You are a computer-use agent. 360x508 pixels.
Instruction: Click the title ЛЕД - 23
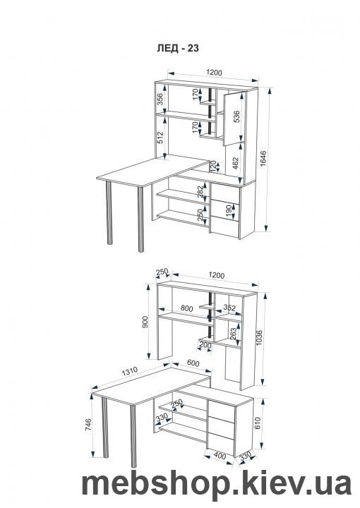[x=178, y=48]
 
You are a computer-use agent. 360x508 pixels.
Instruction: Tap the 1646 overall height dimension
[x=263, y=159]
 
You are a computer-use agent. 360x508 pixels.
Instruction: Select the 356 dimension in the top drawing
[x=160, y=99]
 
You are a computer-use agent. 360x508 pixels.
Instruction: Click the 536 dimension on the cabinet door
[x=236, y=116]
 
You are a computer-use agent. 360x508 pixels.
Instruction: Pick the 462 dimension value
[x=236, y=164]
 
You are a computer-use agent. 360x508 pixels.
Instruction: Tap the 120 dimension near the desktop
[x=213, y=167]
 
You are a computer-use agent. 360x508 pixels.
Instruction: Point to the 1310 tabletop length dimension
[x=130, y=372]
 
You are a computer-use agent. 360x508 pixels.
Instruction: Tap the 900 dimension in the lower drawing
[x=145, y=322]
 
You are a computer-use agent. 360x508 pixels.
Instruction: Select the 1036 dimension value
[x=258, y=338]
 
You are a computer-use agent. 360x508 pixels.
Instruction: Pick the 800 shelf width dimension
[x=186, y=308]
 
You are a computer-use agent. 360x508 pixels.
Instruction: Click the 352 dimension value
[x=229, y=308]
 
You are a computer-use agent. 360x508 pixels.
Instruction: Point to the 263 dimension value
[x=233, y=333]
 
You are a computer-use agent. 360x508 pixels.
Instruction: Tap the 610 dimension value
[x=258, y=423]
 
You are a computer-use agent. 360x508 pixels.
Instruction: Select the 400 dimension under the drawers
[x=220, y=456]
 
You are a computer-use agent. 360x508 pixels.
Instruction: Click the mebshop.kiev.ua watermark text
[x=217, y=484]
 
